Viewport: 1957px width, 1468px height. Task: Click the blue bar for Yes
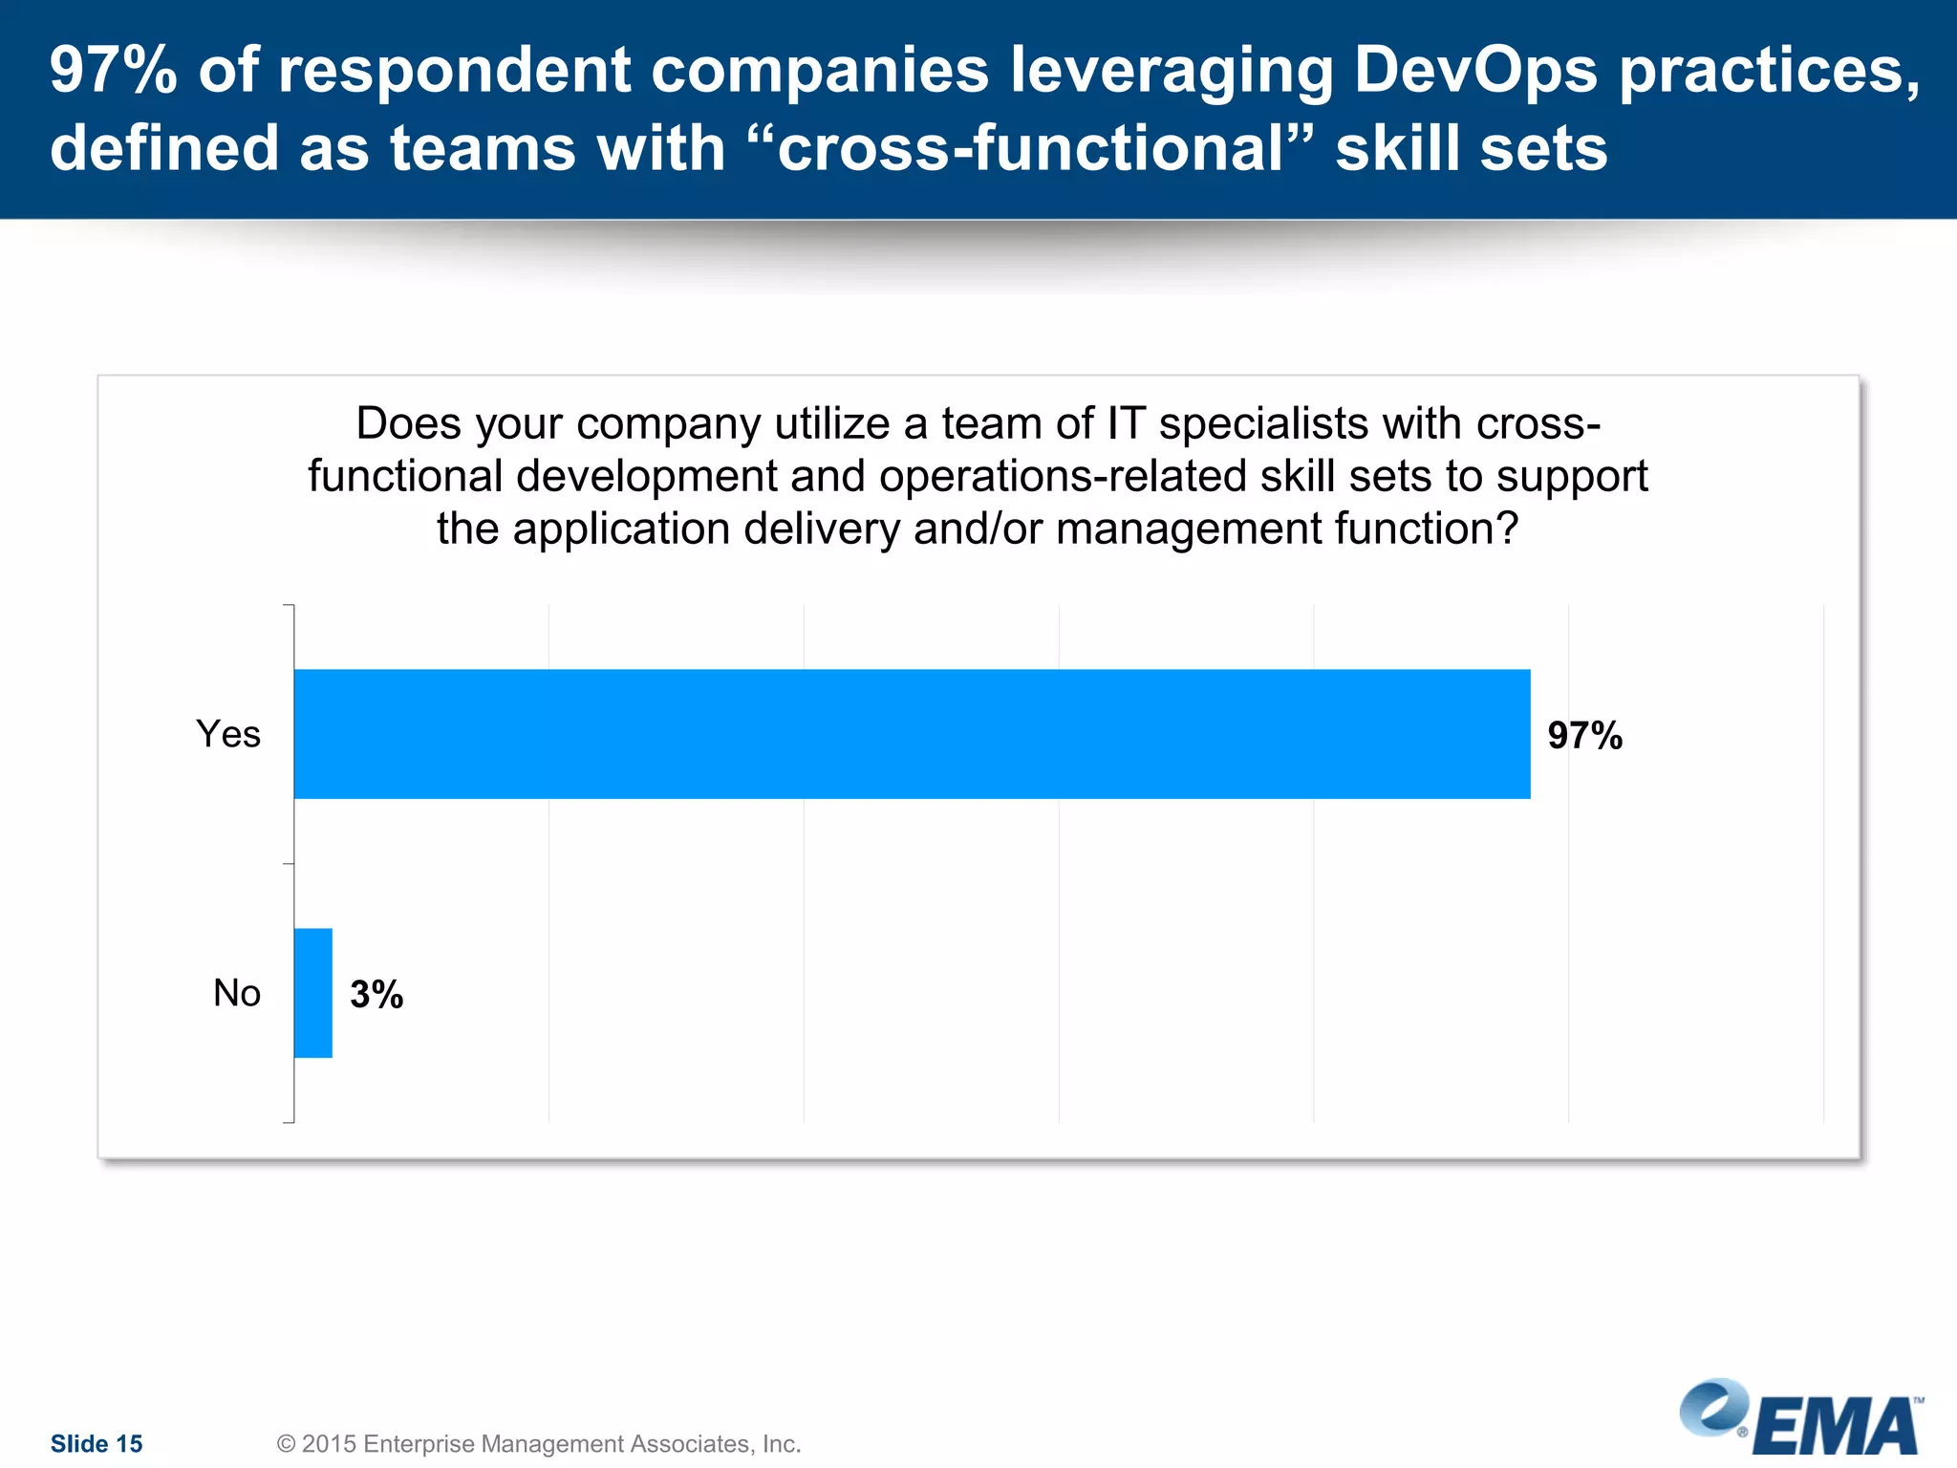point(912,734)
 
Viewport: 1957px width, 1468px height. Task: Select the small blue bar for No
point(312,993)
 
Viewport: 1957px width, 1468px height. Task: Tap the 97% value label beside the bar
point(1584,736)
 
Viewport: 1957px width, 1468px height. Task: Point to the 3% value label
point(376,995)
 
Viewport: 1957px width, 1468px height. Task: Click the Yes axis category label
point(228,734)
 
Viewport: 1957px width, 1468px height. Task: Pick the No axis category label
point(237,993)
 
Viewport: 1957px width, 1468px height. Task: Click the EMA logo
point(1802,1419)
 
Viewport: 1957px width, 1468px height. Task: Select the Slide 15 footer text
point(97,1443)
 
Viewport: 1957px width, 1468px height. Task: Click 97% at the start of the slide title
point(113,70)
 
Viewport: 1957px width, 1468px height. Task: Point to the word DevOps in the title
point(1475,70)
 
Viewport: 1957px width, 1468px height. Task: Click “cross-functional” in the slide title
point(1032,148)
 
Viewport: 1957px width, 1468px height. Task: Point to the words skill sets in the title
point(1472,148)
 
